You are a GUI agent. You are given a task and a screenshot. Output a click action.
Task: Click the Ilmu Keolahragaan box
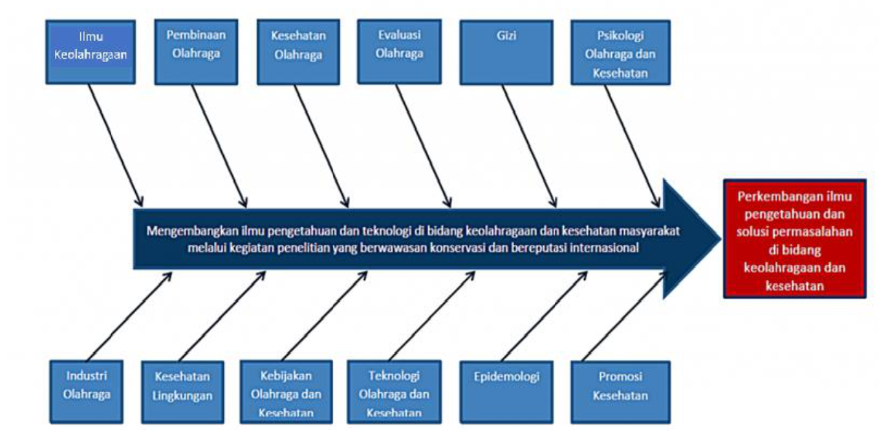click(91, 52)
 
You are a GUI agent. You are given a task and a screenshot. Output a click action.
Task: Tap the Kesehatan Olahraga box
click(298, 52)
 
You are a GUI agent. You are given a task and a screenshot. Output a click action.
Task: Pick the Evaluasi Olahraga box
click(399, 52)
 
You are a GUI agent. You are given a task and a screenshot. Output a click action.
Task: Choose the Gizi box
click(506, 52)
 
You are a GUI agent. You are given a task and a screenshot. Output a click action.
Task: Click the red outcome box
click(794, 238)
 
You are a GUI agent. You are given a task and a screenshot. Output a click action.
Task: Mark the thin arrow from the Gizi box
click(529, 145)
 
